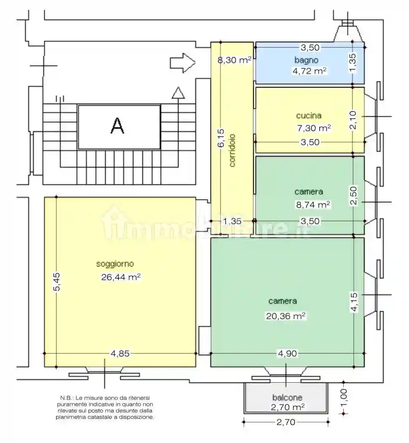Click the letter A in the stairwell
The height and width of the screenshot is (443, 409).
click(117, 126)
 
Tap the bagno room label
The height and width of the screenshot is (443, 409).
click(306, 60)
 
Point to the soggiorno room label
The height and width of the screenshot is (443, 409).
click(115, 264)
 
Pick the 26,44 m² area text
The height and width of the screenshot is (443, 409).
click(121, 277)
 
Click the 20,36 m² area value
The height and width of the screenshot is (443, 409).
click(285, 316)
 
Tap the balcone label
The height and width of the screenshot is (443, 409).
click(287, 397)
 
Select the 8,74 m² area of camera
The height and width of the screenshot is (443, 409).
click(312, 205)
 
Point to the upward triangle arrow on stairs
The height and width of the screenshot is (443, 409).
click(178, 93)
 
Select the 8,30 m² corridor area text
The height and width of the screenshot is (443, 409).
click(234, 60)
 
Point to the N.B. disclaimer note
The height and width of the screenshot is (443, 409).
click(105, 407)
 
